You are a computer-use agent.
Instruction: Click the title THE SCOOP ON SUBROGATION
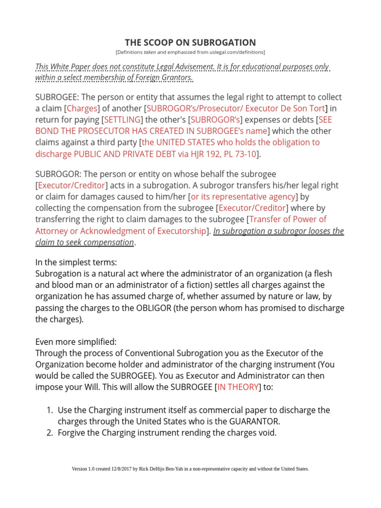[190, 42]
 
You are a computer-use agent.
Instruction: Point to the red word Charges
[82, 109]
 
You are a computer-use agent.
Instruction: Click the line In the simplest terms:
[76, 262]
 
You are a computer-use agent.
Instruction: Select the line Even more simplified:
[75, 342]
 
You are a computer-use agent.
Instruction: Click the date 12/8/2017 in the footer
[127, 469]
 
